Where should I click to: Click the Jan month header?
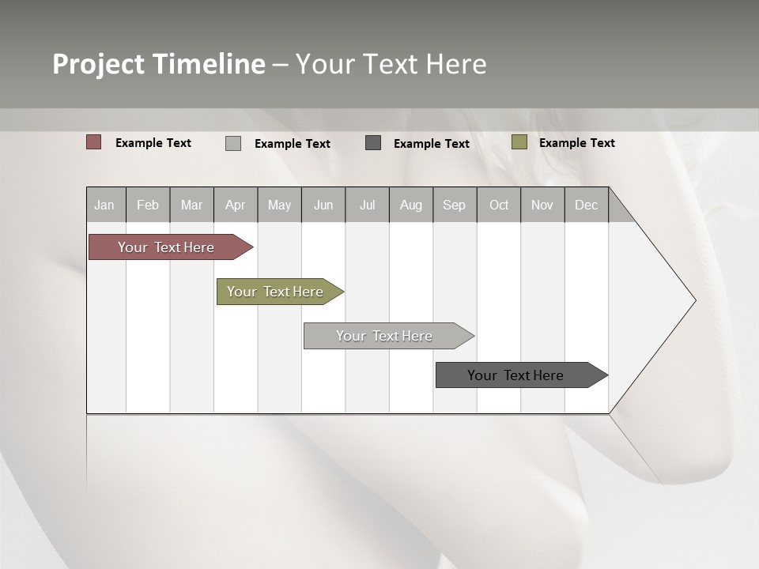click(105, 205)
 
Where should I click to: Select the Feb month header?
click(148, 205)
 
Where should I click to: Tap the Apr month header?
click(236, 205)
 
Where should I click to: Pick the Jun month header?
click(323, 205)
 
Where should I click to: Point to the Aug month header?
click(411, 205)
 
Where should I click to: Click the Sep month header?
click(455, 205)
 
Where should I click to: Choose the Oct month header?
click(499, 205)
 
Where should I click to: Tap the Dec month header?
click(587, 205)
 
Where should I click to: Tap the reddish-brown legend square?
click(94, 142)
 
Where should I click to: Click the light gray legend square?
click(233, 143)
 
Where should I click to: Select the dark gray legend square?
click(373, 142)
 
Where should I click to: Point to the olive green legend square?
click(519, 142)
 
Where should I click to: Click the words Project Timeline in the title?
click(159, 64)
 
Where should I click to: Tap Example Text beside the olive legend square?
click(576, 143)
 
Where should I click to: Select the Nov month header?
click(542, 205)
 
